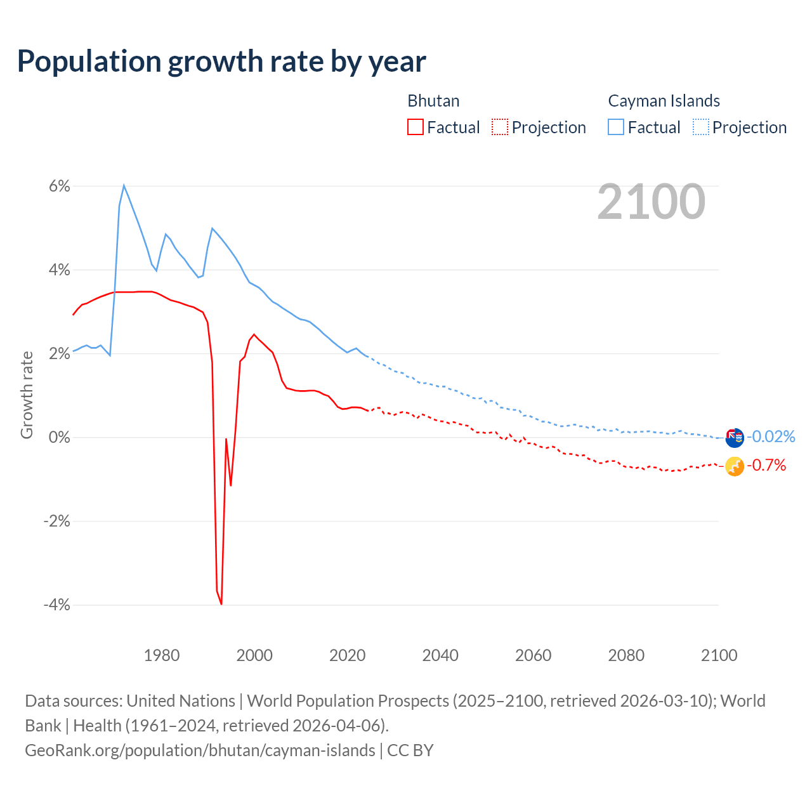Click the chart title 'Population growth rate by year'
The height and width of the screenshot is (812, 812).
pos(221,62)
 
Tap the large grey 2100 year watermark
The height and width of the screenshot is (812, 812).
pos(651,202)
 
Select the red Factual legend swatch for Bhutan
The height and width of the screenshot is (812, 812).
pos(416,127)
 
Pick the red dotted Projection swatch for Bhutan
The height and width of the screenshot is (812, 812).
pos(500,127)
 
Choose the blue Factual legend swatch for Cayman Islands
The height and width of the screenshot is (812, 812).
pos(616,127)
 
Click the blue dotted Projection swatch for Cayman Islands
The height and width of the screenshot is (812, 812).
pos(700,127)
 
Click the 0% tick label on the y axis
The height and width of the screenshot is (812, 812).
pos(60,437)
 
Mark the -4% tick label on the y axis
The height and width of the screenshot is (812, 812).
pos(57,605)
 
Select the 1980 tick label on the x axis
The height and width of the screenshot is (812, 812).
pos(162,655)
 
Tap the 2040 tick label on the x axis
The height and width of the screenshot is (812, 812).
pos(440,655)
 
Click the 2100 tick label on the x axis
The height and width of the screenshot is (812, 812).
pos(719,655)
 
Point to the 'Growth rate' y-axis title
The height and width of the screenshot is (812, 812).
pos(27,395)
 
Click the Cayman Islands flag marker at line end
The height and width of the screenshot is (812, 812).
pos(735,438)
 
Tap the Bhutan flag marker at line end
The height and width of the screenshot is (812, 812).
pos(735,466)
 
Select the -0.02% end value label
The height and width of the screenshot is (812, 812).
pos(771,436)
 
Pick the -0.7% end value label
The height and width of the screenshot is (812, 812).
pos(766,466)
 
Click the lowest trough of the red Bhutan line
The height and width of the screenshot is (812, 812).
pos(221,604)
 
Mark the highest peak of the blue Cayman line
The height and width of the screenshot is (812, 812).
pos(124,185)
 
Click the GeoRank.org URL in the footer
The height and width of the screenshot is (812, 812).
pos(200,750)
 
